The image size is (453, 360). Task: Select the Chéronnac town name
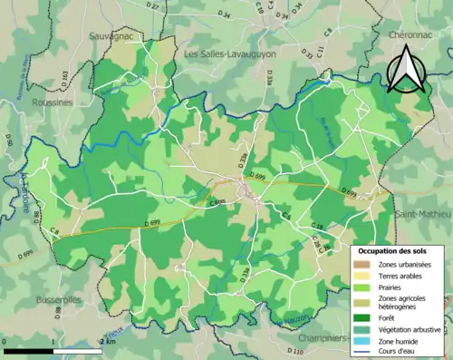point(414,33)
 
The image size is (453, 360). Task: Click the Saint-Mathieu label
point(422,213)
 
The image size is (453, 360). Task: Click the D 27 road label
point(152,7)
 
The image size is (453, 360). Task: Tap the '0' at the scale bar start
point(5,341)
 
